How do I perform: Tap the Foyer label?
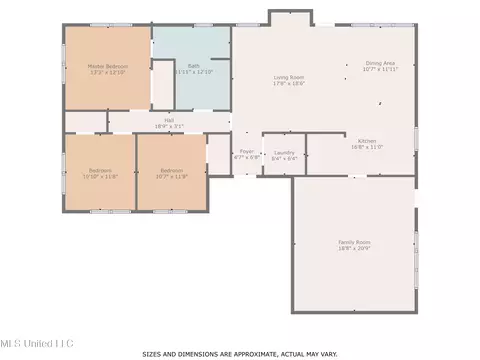point(246,151)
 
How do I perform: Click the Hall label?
point(169,120)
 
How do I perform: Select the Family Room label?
point(353,241)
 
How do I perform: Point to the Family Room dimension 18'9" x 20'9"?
point(353,247)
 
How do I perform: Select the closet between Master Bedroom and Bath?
point(163,84)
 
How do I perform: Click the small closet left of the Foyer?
point(219,154)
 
